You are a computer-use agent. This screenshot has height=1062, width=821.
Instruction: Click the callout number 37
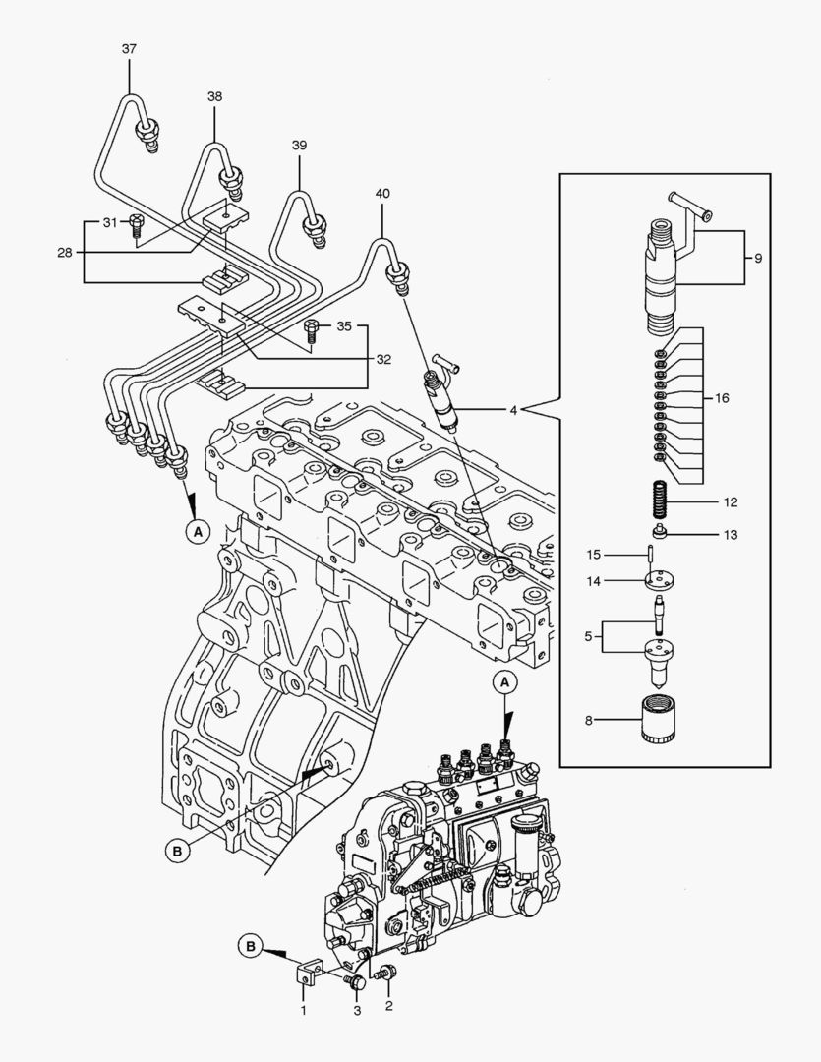[x=130, y=48]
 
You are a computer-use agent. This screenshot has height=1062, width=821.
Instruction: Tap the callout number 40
[x=381, y=194]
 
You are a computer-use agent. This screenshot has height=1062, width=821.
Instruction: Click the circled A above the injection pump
[x=504, y=681]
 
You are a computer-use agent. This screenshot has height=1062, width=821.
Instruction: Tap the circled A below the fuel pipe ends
[x=198, y=531]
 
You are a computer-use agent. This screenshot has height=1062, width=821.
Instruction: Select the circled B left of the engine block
[x=177, y=852]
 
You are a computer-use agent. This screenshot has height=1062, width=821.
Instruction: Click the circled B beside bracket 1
[x=251, y=946]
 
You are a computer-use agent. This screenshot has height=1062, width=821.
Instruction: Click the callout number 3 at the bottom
[x=357, y=1010]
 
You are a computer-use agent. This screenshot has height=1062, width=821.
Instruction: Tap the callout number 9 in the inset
[x=757, y=258]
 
